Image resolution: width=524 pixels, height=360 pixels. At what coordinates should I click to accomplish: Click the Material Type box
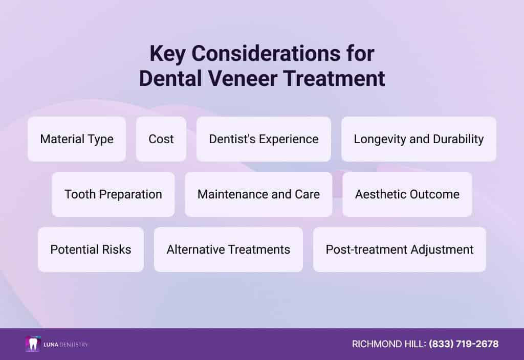point(77,139)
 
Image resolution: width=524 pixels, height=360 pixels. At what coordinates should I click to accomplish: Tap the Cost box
point(161,139)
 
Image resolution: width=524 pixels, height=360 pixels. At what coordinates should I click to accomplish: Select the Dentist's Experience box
point(264,139)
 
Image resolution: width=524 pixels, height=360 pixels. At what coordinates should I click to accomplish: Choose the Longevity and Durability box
point(419,139)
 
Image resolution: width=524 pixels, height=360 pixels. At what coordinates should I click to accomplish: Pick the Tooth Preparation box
point(113,194)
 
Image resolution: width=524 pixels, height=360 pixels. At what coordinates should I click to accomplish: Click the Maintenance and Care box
point(258,194)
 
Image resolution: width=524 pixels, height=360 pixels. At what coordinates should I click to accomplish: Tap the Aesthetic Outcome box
point(407,194)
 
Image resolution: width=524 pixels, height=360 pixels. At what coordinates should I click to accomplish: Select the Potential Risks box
point(91,250)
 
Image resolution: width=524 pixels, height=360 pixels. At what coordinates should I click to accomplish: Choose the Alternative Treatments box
point(228,250)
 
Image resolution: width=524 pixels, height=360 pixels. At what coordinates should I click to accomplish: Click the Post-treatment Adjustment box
point(400,250)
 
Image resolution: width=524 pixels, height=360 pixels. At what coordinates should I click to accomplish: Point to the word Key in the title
point(167,54)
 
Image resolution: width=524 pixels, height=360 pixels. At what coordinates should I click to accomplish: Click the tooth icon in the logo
point(33,344)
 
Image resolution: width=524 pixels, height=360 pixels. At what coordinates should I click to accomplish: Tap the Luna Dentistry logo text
point(66,344)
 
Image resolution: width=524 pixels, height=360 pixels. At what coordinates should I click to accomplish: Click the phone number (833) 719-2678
point(464,344)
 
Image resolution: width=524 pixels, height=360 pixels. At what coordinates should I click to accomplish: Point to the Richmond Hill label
point(389,344)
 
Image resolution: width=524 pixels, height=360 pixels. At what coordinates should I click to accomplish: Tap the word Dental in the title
point(170,78)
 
